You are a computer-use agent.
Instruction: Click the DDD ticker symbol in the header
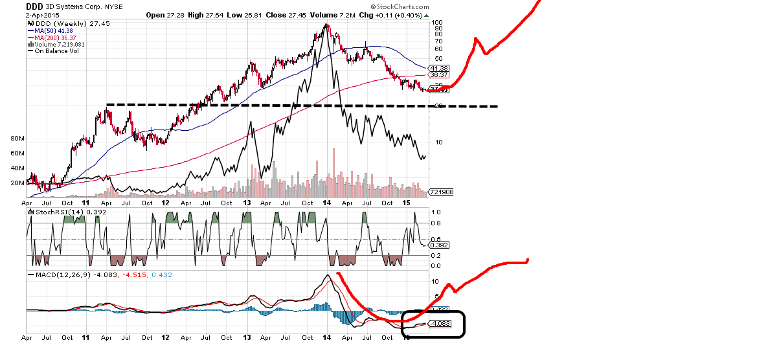click(x=35, y=6)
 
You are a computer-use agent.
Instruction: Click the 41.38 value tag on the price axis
click(x=438, y=68)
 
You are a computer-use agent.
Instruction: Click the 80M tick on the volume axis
click(x=17, y=139)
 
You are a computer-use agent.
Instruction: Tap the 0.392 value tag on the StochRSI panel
click(x=440, y=245)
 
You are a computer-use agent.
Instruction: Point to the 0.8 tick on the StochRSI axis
click(x=436, y=223)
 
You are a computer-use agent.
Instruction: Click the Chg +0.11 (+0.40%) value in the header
click(x=392, y=14)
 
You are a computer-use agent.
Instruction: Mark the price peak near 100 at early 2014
click(x=326, y=25)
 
